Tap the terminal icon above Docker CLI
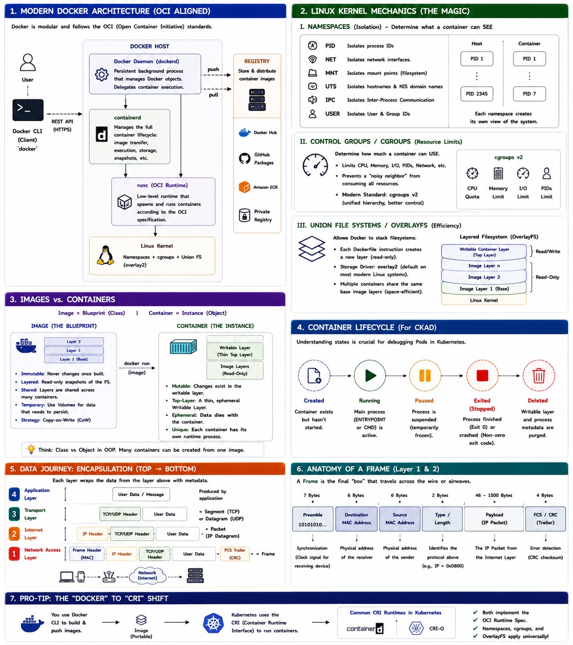click(x=28, y=110)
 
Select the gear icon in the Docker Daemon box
click(x=101, y=75)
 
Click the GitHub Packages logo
click(x=245, y=158)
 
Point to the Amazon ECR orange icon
click(x=245, y=187)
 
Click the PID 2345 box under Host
click(x=476, y=94)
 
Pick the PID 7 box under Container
click(x=529, y=94)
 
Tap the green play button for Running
click(x=370, y=376)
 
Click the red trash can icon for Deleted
click(x=538, y=376)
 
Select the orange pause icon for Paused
click(x=425, y=376)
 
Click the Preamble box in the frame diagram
click(x=312, y=519)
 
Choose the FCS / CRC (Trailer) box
click(x=545, y=519)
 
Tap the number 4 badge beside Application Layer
click(x=14, y=494)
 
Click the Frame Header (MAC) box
click(x=87, y=553)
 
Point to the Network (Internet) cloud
click(x=147, y=575)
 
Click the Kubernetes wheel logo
click(x=213, y=623)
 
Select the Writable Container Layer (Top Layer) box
click(x=484, y=252)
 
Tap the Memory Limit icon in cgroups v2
click(x=498, y=173)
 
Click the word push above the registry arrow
click(x=213, y=69)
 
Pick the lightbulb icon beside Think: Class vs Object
click(x=31, y=449)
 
